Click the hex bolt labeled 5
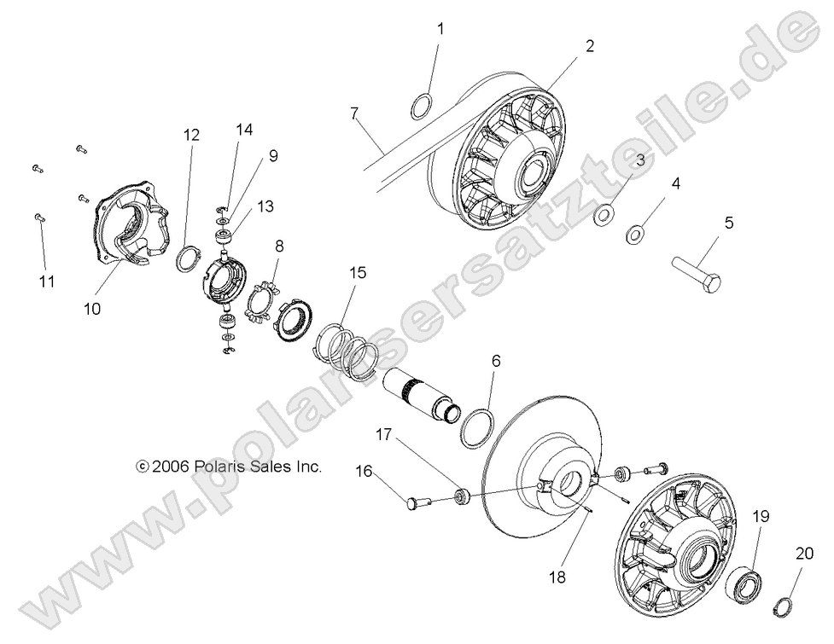pos(697,273)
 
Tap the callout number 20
pos(804,554)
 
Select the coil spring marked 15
pos(347,353)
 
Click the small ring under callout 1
pos(423,106)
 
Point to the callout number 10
pos(92,309)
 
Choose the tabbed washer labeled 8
pos(262,303)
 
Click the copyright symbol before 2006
pos(142,467)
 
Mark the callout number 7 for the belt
pos(354,113)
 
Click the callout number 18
pos(557,577)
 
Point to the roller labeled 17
pos(461,496)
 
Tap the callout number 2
pos(590,46)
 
